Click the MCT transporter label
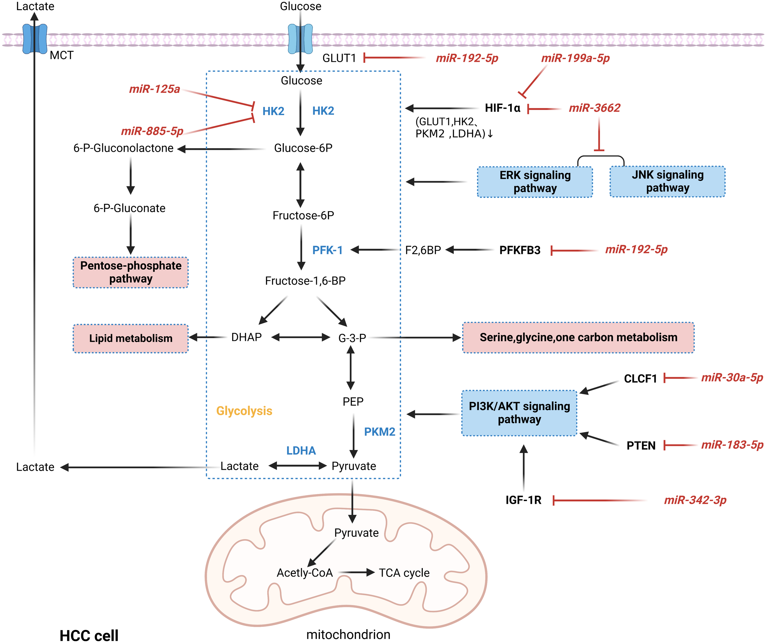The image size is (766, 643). tap(61, 55)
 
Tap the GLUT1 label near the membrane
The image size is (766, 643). tap(339, 58)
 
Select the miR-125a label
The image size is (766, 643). tap(154, 89)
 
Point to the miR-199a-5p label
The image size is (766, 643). tap(575, 58)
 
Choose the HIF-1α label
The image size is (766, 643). tap(502, 108)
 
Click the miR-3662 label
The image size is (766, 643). tap(594, 108)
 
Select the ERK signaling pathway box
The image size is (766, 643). tap(535, 181)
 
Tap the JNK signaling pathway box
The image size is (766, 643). tap(667, 181)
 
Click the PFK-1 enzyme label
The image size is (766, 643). tap(327, 250)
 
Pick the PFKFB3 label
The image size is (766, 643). tap(520, 250)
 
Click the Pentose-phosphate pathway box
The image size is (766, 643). tap(131, 272)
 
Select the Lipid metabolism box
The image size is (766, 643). tap(131, 338)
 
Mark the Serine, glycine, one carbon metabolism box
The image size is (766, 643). tap(578, 338)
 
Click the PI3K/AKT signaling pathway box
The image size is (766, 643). tap(519, 413)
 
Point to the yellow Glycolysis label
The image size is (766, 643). tap(244, 411)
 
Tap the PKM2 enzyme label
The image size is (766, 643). tap(380, 432)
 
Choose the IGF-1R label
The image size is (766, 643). tap(523, 500)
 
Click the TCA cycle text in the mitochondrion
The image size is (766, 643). tap(404, 573)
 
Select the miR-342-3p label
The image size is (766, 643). tap(695, 500)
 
